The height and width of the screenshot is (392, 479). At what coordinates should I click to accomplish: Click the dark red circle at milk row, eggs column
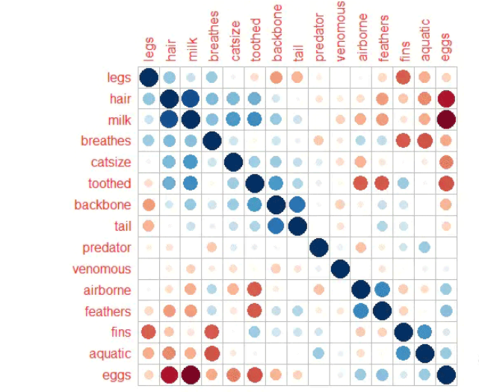click(x=446, y=119)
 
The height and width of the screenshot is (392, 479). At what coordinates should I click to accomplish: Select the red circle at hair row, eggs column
click(x=446, y=99)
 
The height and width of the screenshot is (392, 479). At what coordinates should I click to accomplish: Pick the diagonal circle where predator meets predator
click(x=319, y=248)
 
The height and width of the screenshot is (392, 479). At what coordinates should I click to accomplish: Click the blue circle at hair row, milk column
click(x=191, y=99)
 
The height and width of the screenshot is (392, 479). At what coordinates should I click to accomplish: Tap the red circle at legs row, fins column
click(x=404, y=78)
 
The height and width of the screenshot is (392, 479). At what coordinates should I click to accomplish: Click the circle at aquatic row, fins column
click(x=404, y=354)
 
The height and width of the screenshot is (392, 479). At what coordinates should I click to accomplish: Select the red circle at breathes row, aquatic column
click(x=425, y=141)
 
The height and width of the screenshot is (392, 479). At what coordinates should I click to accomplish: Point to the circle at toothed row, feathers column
click(x=383, y=184)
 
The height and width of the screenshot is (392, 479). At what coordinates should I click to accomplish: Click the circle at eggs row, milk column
click(x=191, y=376)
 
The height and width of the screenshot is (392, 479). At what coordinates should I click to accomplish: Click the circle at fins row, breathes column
click(x=212, y=333)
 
